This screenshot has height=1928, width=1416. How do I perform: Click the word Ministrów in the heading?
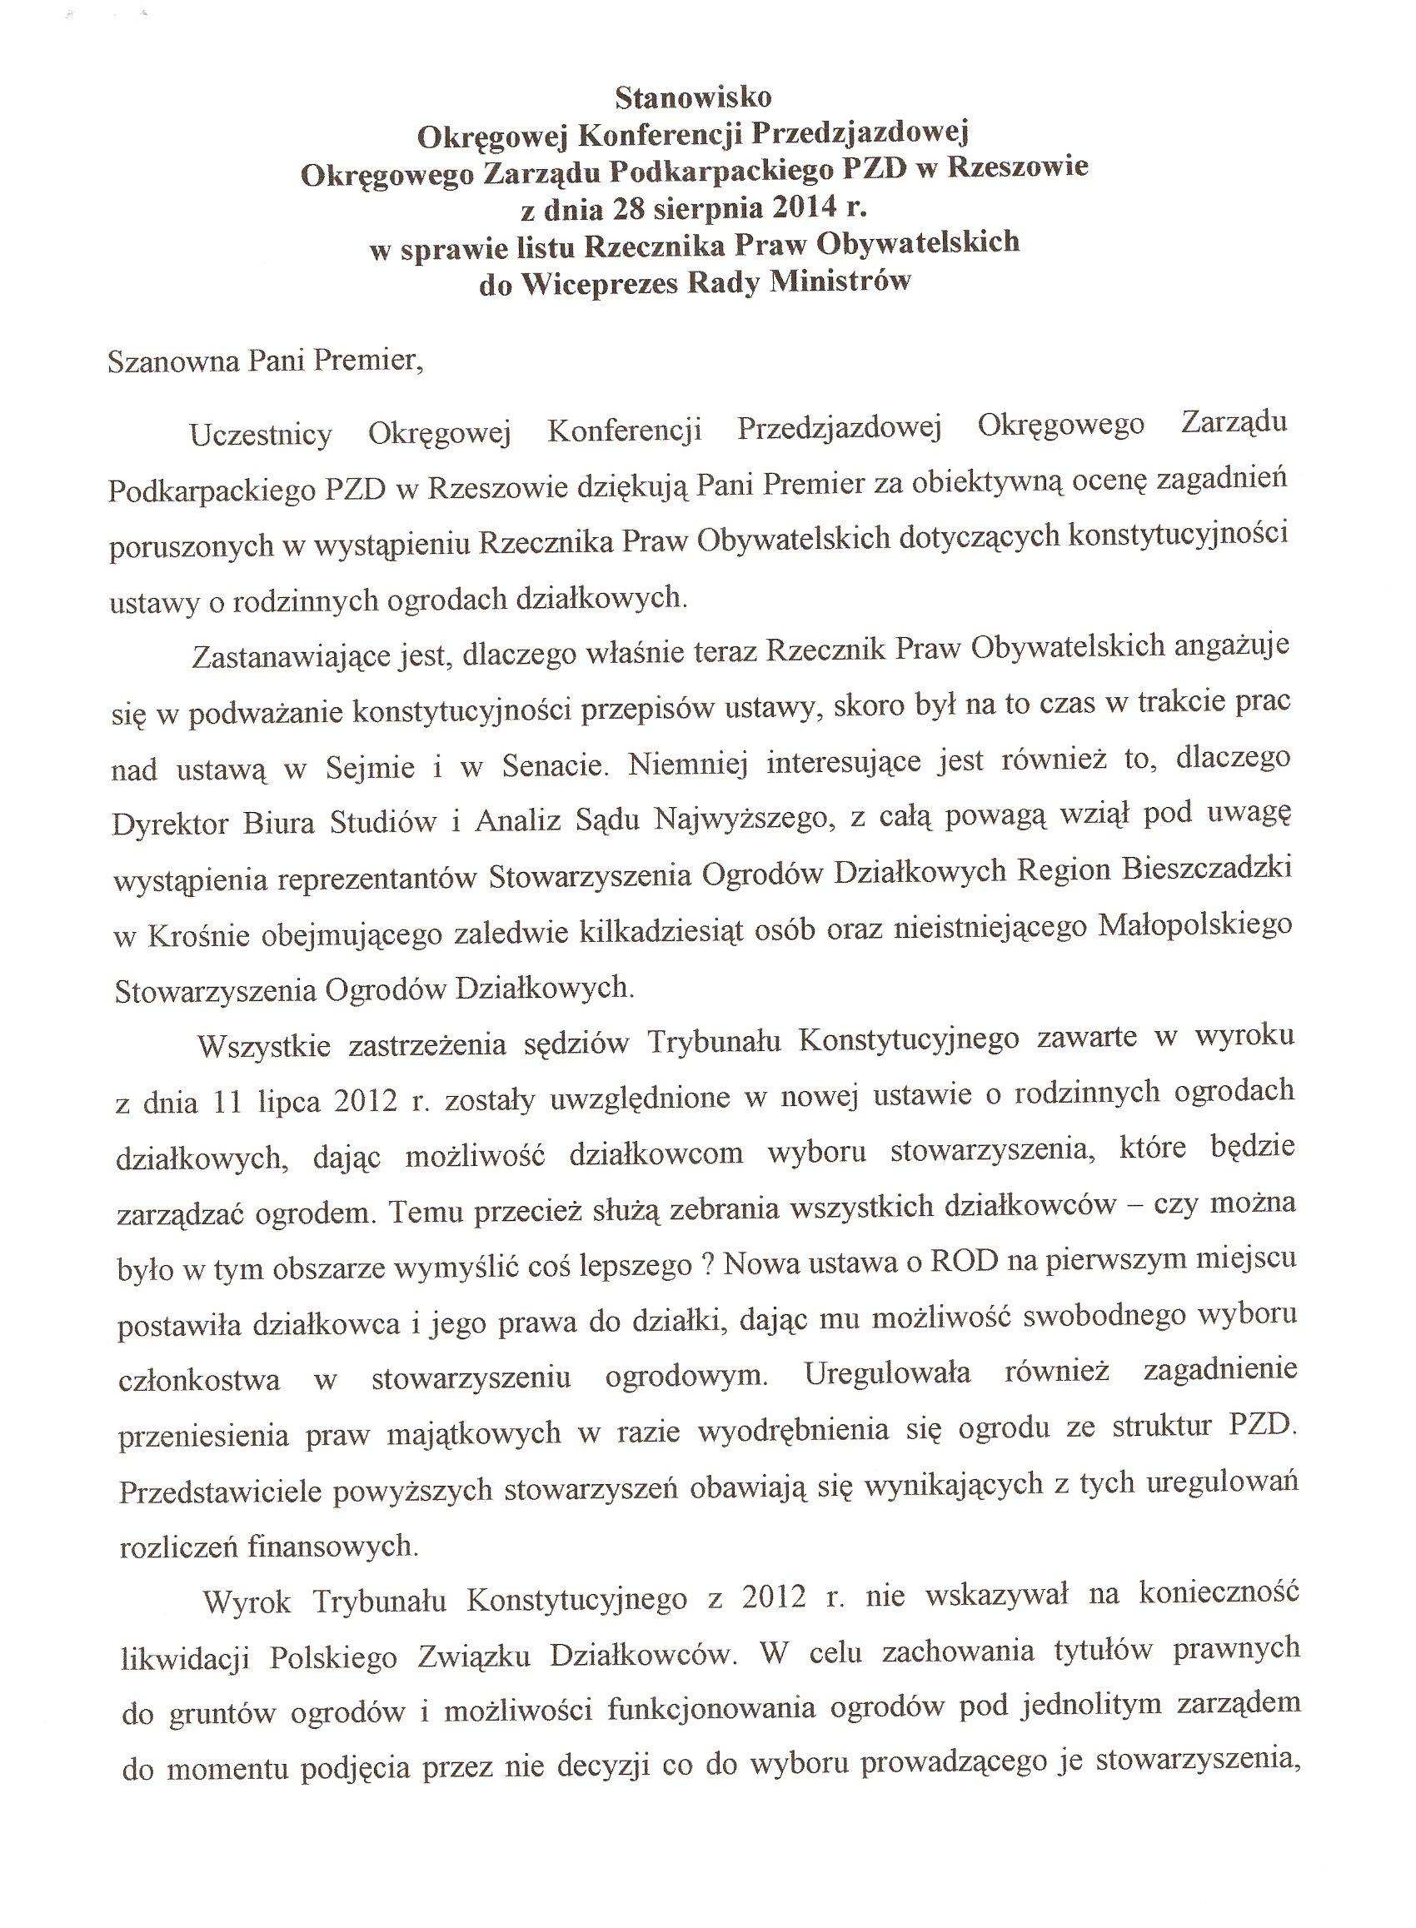[x=839, y=280]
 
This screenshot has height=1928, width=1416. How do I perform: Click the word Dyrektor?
[x=170, y=825]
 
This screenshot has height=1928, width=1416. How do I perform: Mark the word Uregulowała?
[x=887, y=1373]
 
